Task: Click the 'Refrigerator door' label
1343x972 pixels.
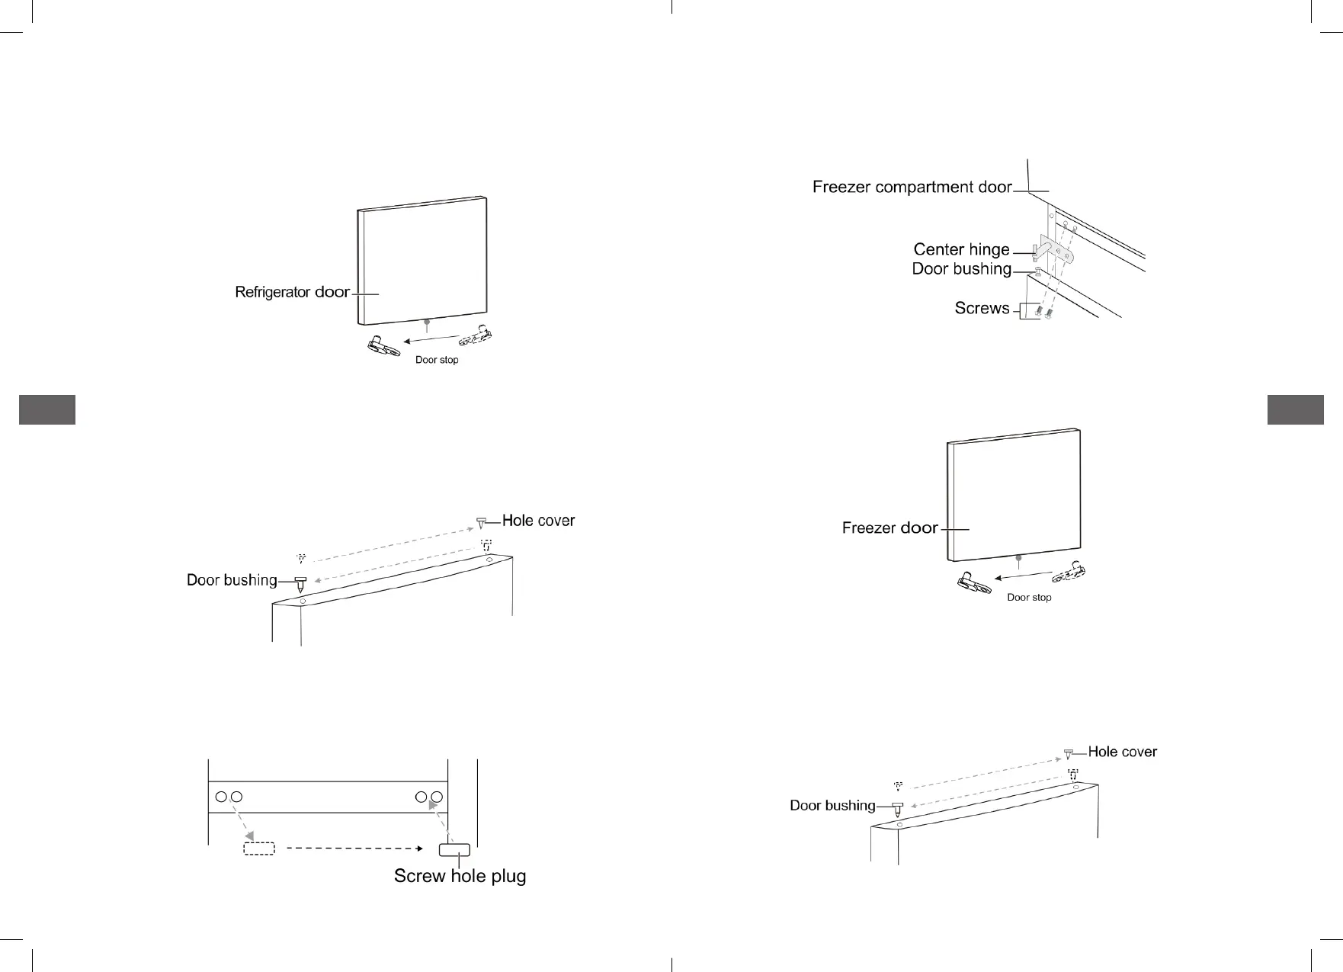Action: [292, 292]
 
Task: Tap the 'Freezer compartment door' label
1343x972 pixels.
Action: [912, 187]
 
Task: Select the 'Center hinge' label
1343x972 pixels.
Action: [961, 249]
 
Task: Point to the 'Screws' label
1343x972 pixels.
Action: [982, 308]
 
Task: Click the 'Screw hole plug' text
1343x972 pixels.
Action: [460, 876]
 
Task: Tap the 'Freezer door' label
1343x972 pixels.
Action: [889, 528]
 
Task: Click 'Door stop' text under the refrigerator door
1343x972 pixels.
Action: [437, 360]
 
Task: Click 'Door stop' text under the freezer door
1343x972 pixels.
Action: [1029, 598]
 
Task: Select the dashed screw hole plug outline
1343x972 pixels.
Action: [259, 848]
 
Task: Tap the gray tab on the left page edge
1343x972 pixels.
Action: [47, 409]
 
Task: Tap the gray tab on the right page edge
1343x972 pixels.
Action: [1296, 409]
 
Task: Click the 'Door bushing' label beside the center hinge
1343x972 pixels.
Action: [961, 269]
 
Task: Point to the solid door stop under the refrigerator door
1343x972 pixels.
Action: [383, 347]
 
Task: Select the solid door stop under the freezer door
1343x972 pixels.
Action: [975, 583]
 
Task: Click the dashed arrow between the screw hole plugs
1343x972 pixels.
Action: [354, 848]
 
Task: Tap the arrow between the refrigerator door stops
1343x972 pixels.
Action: [431, 339]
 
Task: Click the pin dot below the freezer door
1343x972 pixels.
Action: [1019, 558]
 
